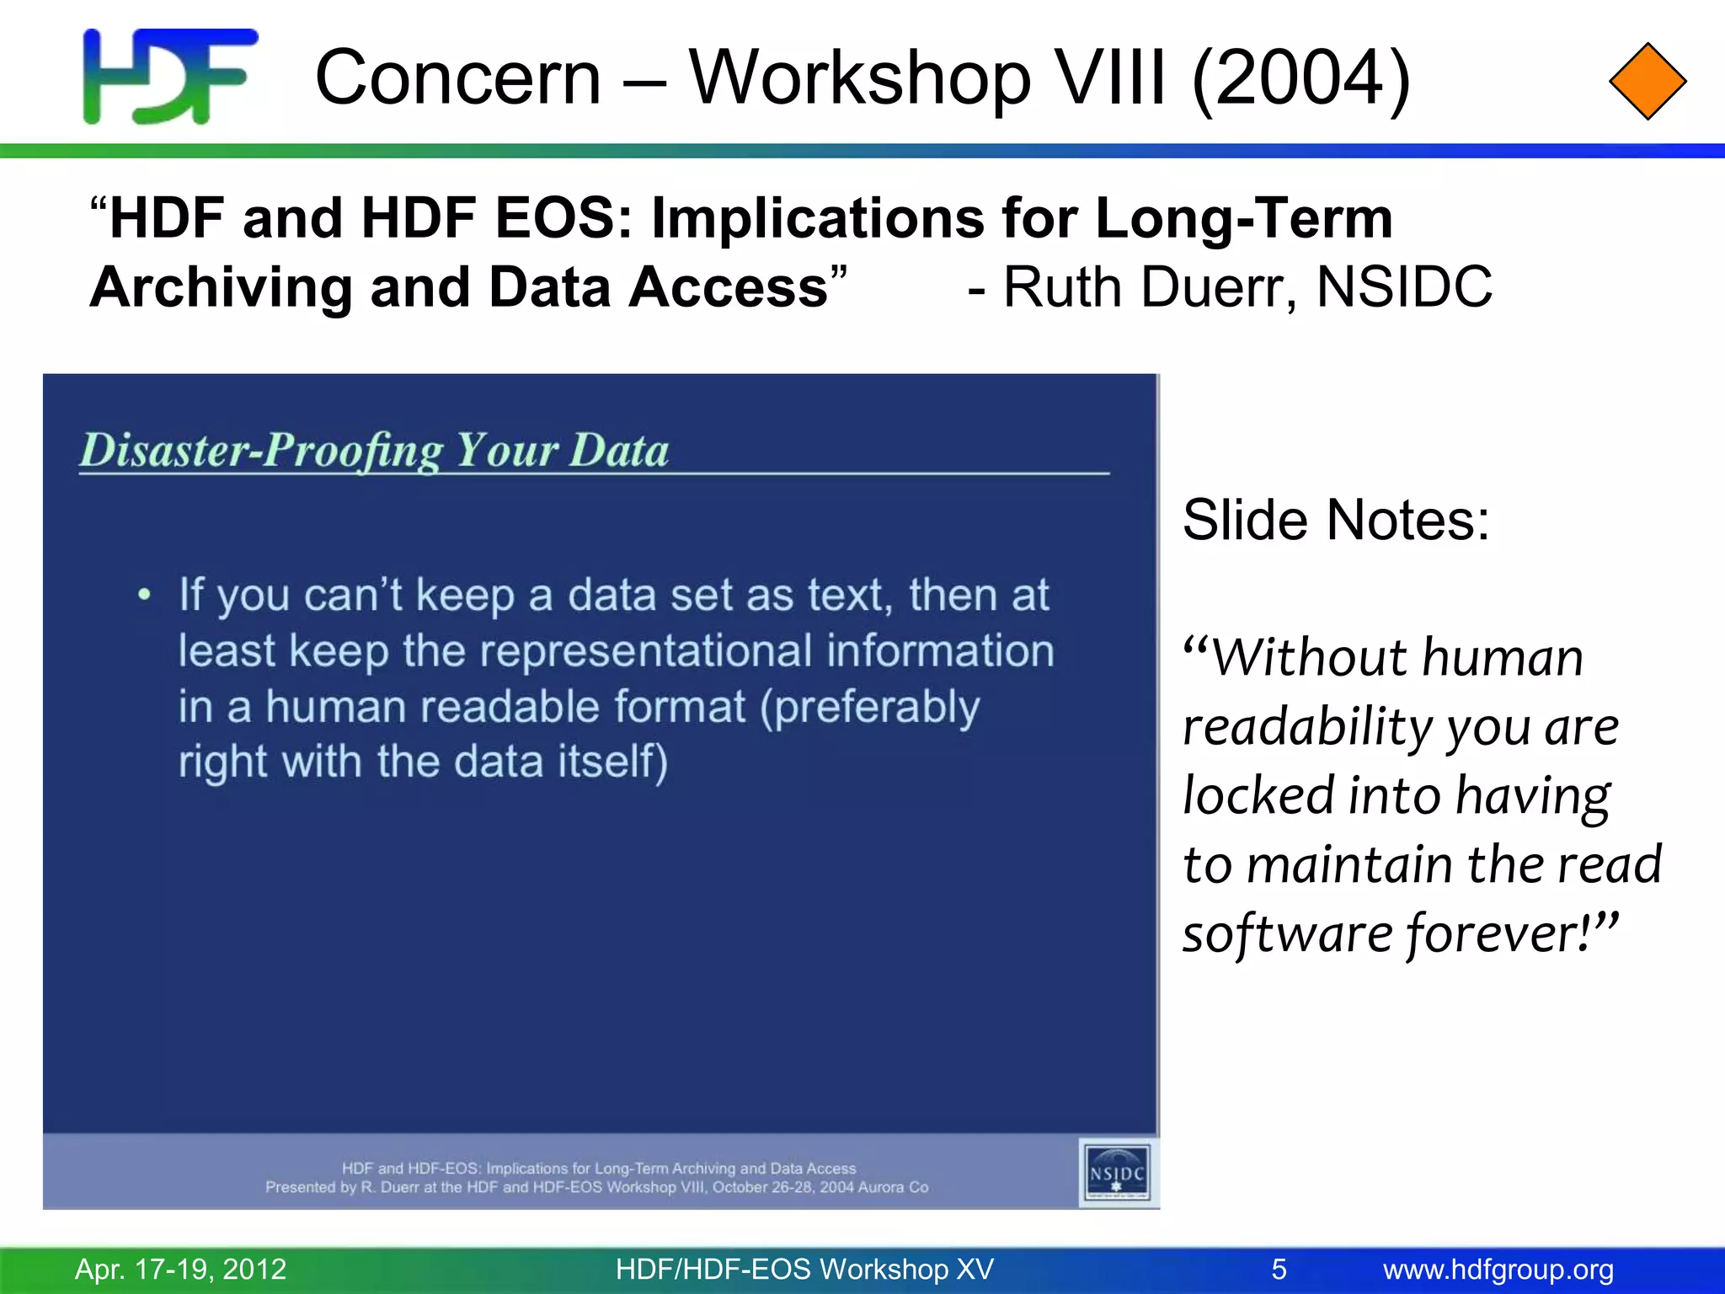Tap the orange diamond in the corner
[1647, 82]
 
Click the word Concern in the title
[458, 78]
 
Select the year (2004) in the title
[1301, 78]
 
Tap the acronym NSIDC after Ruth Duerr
[1404, 287]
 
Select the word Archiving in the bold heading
[221, 287]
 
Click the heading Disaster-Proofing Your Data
[374, 450]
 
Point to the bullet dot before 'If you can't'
[145, 595]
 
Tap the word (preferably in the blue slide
[870, 707]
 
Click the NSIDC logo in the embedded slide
[1117, 1172]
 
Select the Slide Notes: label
[1336, 520]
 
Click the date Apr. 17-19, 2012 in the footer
[181, 1269]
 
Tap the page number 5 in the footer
[1279, 1269]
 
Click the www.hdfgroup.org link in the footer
[1498, 1269]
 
